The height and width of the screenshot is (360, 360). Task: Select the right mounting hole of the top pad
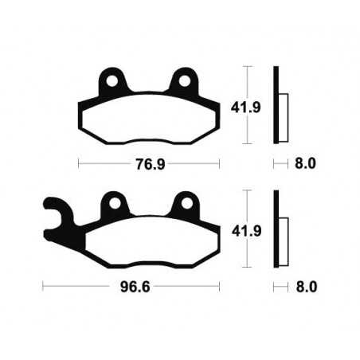coord(186,80)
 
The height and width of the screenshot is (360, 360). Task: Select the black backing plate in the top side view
coord(276,104)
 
